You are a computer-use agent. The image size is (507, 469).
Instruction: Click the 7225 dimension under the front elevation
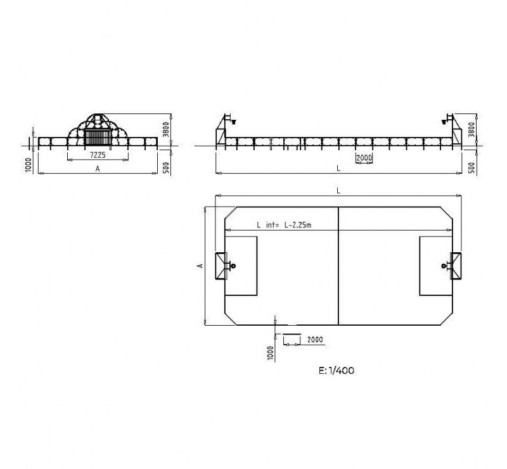(x=98, y=155)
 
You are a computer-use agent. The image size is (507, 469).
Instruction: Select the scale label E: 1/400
(x=337, y=371)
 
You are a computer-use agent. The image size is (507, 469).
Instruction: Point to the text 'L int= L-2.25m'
(x=284, y=225)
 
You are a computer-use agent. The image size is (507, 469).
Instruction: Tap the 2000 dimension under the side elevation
(x=364, y=158)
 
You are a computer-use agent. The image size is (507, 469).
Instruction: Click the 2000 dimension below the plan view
(x=315, y=340)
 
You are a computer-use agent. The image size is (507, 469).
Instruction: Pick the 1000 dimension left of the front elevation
(x=28, y=165)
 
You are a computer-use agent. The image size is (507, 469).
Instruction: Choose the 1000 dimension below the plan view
(x=271, y=353)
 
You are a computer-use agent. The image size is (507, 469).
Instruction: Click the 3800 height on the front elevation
(x=166, y=129)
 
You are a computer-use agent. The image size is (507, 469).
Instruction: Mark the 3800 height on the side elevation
(x=472, y=129)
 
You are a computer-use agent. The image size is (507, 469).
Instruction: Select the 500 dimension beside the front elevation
(x=166, y=168)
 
